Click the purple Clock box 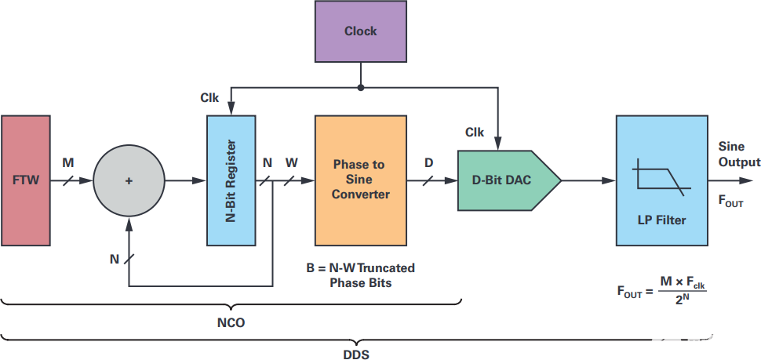coord(360,31)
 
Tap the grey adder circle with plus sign coord(130,180)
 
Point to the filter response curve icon coord(661,176)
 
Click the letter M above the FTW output coord(67,163)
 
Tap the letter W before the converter coord(292,163)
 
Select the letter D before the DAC coord(429,163)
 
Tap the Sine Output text coord(739,155)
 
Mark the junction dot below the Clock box coord(360,87)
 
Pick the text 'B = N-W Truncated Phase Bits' coord(360,275)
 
